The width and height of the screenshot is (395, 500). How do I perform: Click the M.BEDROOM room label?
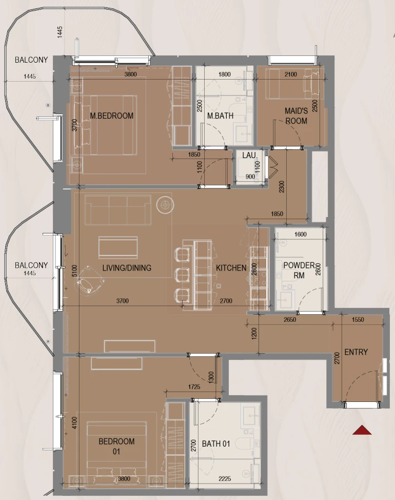[x=111, y=116]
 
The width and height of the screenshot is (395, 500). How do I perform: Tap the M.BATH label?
[x=220, y=116]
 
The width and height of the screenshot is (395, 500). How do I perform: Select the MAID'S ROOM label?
[x=297, y=116]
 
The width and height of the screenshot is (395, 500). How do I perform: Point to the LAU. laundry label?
[x=249, y=156]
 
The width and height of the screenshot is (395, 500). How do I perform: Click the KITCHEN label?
[x=231, y=267]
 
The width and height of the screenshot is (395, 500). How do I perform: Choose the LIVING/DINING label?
[x=127, y=267]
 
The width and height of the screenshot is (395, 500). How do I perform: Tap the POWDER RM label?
[x=299, y=270]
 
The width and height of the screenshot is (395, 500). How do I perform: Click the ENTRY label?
[x=356, y=352]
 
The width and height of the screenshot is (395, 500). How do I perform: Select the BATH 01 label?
[x=216, y=444]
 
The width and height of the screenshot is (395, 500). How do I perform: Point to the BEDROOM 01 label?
[x=116, y=446]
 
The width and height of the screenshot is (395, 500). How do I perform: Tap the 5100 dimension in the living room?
[x=74, y=271]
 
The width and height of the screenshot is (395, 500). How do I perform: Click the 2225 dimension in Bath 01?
[x=225, y=478]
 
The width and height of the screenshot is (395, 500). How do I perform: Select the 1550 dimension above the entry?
[x=358, y=319]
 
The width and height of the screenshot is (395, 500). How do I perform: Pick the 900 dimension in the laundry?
[x=250, y=177]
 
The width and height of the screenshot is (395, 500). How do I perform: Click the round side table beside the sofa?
[x=165, y=205]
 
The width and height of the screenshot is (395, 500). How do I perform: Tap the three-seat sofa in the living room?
[x=118, y=210]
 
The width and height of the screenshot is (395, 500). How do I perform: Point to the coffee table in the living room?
[x=118, y=247]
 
